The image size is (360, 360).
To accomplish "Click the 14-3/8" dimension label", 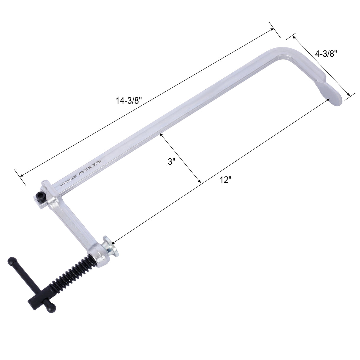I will pyautogui.click(x=129, y=101).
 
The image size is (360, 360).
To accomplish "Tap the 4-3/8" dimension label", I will pyautogui.click(x=326, y=53).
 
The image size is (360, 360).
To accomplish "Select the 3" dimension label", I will pyautogui.click(x=172, y=162).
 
